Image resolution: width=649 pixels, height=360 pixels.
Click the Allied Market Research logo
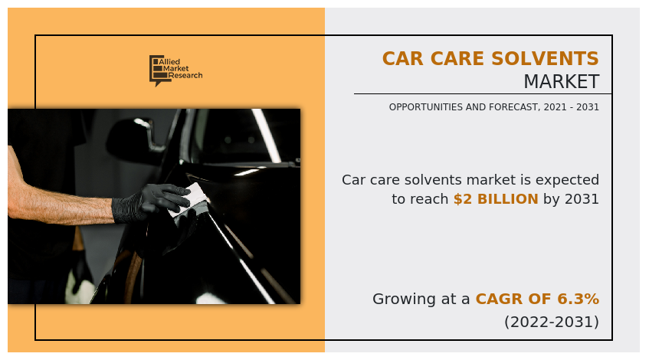tap(175, 70)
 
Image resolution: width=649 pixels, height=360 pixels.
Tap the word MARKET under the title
tap(561, 82)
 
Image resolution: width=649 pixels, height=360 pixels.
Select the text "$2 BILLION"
tap(496, 199)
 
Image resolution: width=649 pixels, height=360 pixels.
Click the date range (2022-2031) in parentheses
tap(551, 322)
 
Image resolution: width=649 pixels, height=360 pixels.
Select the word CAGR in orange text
tap(500, 299)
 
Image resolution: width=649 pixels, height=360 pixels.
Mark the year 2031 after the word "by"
tap(582, 199)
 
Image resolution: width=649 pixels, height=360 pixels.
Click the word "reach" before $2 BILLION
tap(428, 199)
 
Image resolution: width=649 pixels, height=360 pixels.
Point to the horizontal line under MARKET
tap(483, 94)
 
